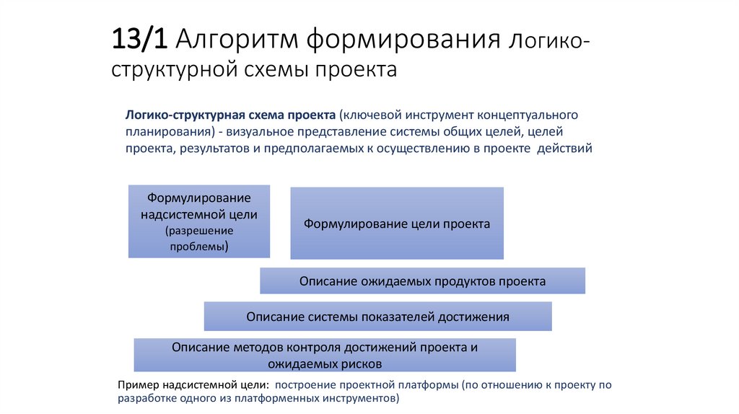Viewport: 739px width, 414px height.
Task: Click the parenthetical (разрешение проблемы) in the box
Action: (199, 239)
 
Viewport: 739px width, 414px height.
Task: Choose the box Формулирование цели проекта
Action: (397, 224)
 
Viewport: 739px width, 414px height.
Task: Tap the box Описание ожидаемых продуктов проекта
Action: (422, 281)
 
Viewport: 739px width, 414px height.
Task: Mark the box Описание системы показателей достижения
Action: (377, 317)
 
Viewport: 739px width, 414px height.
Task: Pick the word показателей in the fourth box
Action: (384, 317)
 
